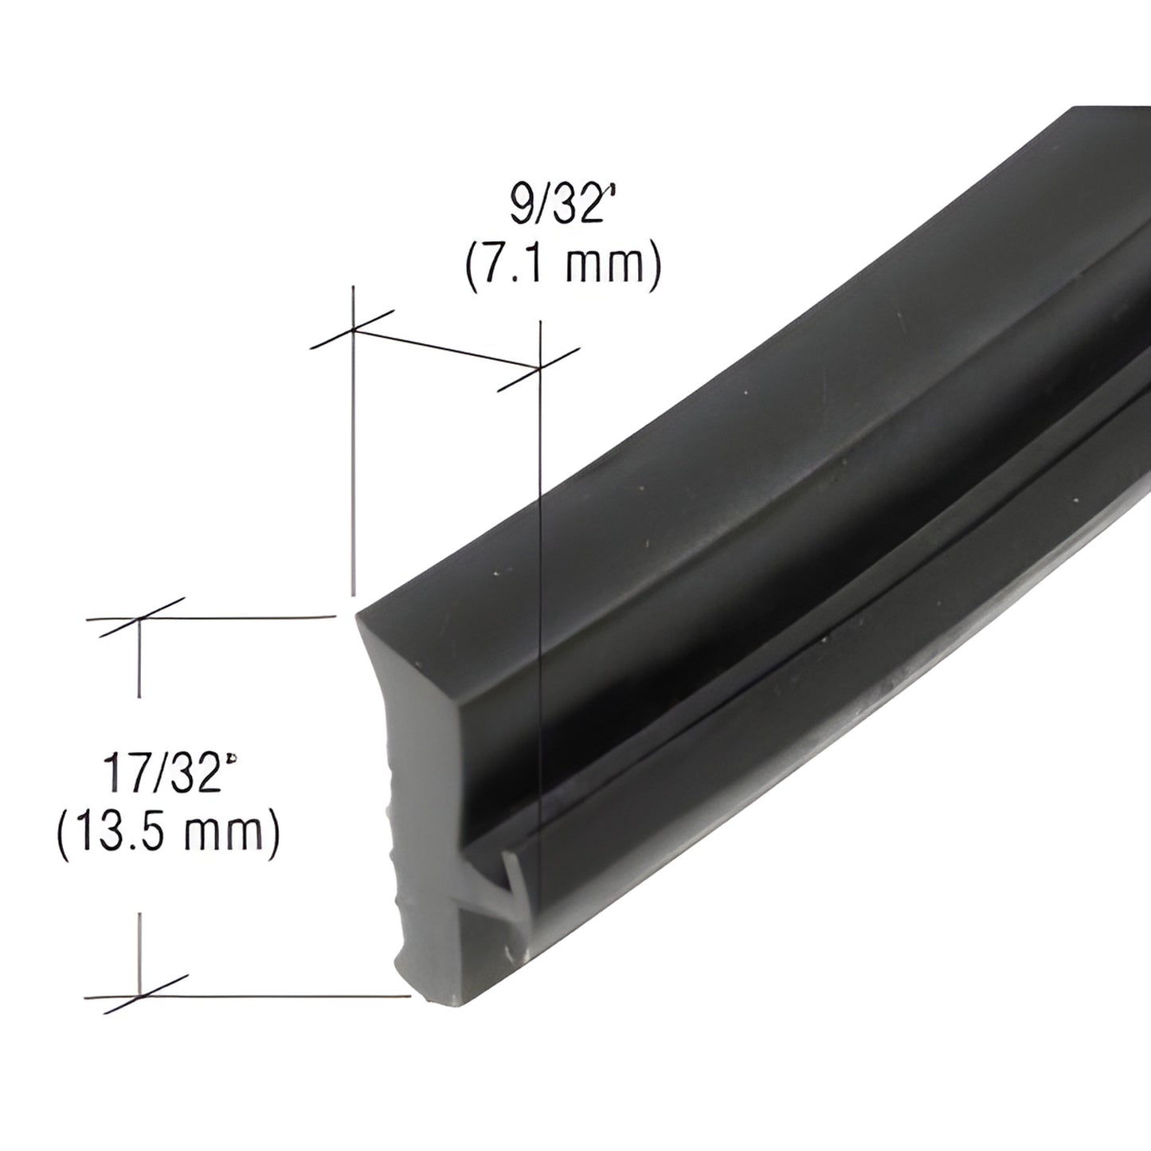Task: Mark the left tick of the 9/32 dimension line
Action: [352, 329]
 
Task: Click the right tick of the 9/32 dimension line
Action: [539, 368]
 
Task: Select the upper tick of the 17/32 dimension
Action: [140, 617]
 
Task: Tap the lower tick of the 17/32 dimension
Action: [140, 996]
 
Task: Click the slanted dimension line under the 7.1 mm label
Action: [446, 348]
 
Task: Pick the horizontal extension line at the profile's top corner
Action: [239, 617]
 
